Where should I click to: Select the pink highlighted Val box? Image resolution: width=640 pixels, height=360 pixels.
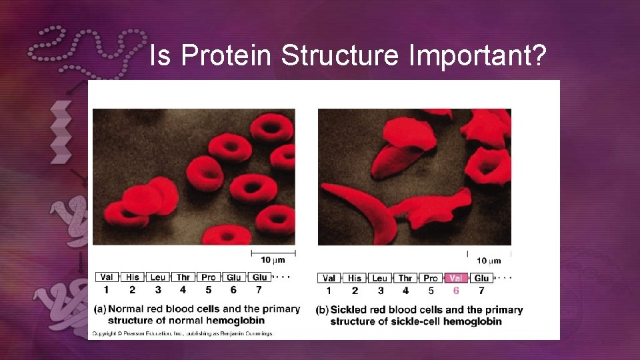[x=456, y=278]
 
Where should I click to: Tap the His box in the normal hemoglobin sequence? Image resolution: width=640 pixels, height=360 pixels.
[x=132, y=277]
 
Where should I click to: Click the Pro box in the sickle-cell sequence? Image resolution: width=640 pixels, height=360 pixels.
[x=431, y=278]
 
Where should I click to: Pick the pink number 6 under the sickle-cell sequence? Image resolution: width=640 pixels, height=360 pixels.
[x=456, y=291]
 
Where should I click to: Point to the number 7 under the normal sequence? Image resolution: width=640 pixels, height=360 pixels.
[x=259, y=290]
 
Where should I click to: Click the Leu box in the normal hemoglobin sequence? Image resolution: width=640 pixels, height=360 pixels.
[x=158, y=277]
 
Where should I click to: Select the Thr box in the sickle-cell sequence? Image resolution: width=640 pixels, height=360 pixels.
[x=405, y=278]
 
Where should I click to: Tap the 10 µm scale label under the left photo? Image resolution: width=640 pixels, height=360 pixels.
[x=273, y=259]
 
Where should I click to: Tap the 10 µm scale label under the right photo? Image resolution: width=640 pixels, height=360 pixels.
[x=489, y=260]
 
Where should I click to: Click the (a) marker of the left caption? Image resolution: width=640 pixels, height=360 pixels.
[x=99, y=309]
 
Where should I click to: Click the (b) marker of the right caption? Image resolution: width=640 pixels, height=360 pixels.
[x=323, y=310]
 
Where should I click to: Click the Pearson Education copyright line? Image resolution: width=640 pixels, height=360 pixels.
[x=182, y=333]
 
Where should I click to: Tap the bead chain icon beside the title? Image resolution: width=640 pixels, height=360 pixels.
[x=87, y=50]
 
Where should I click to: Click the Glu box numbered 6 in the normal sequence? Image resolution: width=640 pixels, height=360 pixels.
[x=234, y=277]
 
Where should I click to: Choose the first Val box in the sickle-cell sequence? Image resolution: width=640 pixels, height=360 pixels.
[x=329, y=278]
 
